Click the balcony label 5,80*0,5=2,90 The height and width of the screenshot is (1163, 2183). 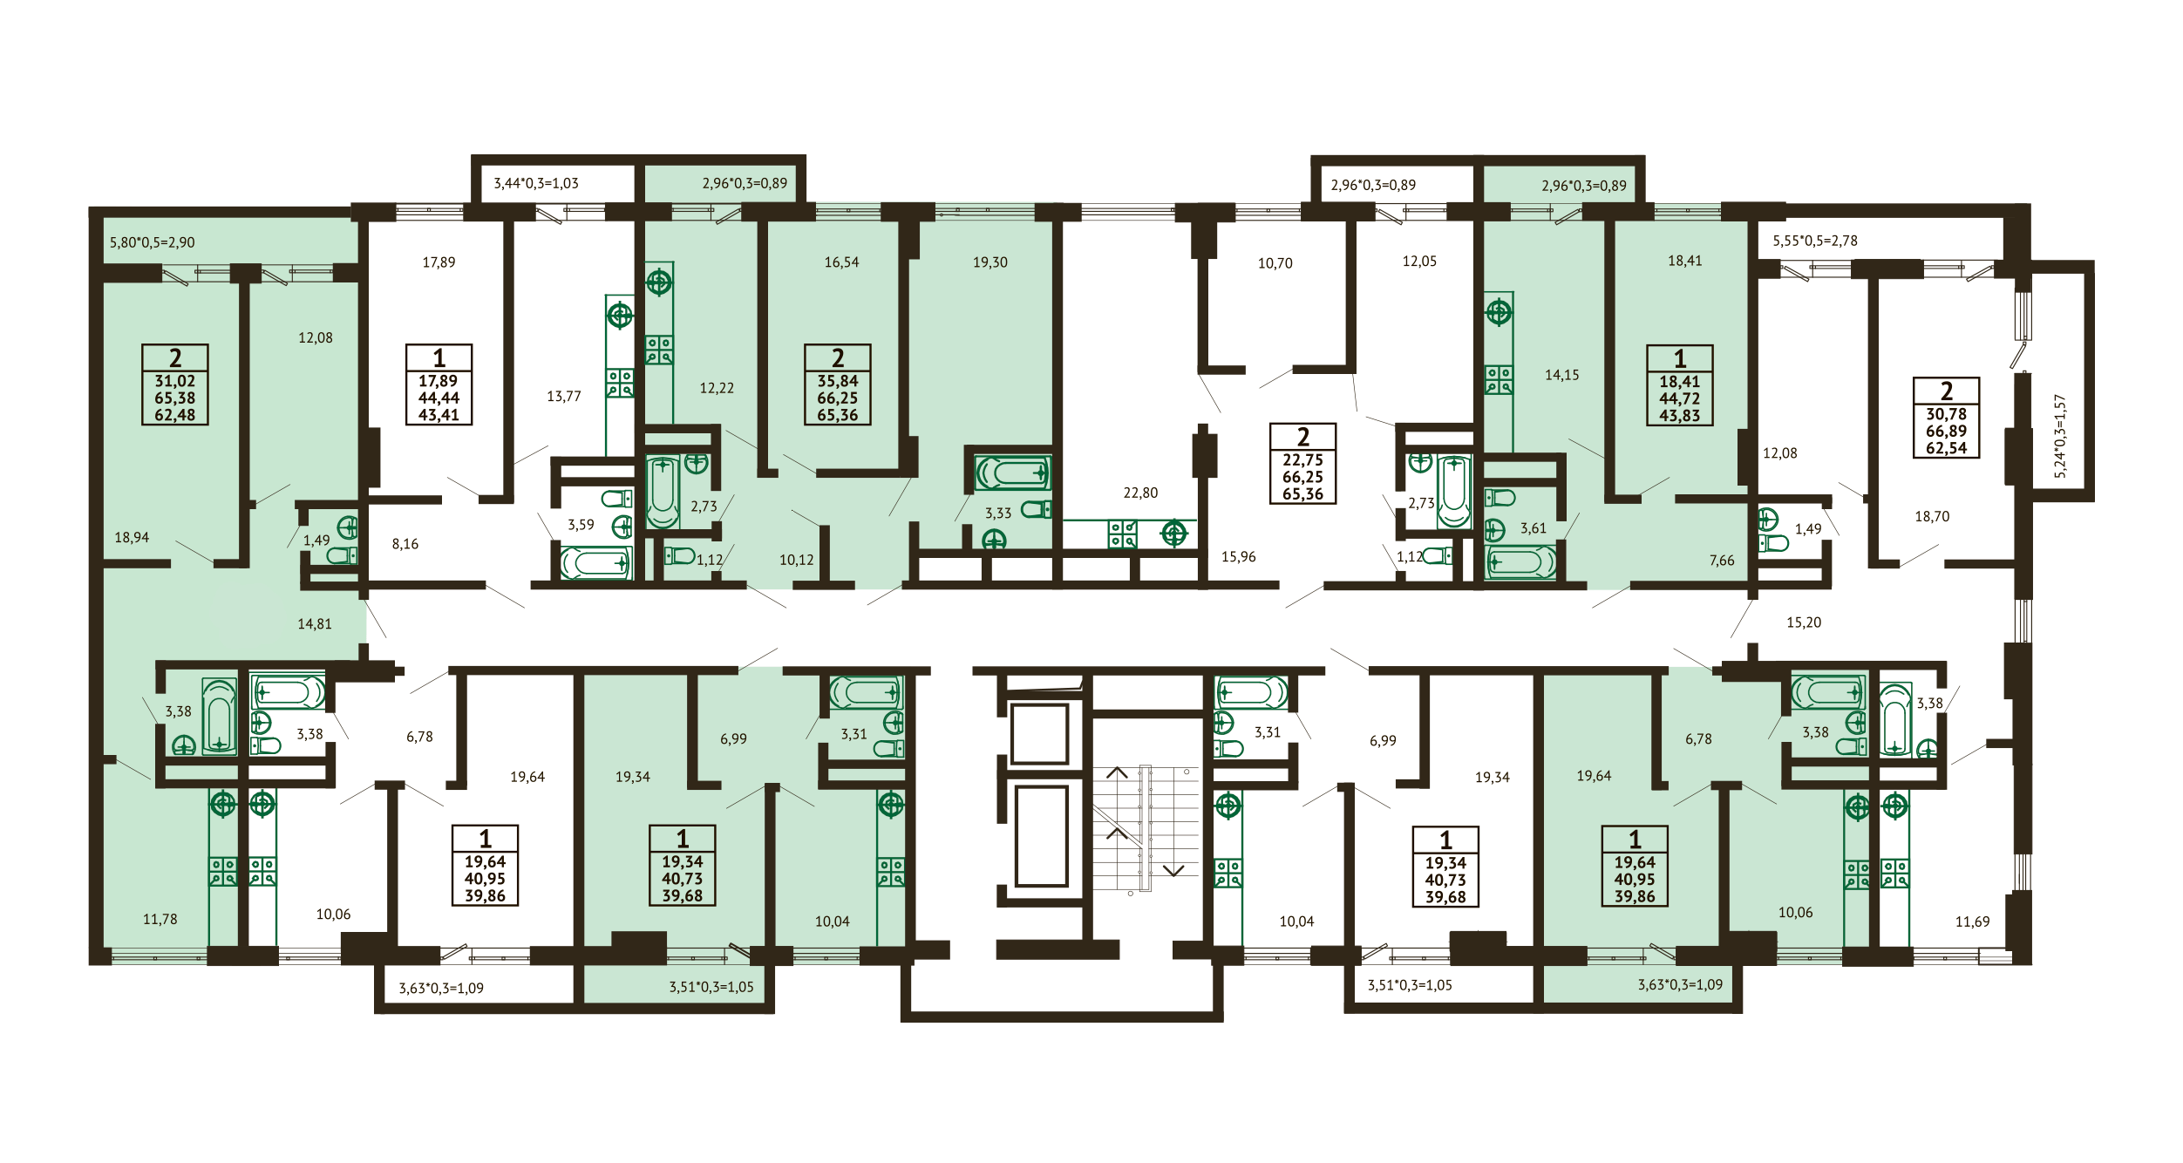pos(153,242)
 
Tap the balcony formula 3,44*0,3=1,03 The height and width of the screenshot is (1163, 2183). pos(536,183)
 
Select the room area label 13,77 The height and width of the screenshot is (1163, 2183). pos(564,396)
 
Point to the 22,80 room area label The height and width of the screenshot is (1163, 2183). pos(1140,493)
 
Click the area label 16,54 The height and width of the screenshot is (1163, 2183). pos(841,262)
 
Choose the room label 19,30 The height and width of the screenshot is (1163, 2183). pos(990,262)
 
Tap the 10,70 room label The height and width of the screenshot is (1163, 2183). pos(1275,263)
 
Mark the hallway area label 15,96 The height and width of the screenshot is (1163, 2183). pos(1239,556)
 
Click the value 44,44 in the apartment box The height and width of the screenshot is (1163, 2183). pos(439,398)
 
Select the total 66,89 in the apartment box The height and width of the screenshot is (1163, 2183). pos(1947,431)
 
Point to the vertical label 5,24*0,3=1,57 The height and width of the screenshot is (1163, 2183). pos(2060,436)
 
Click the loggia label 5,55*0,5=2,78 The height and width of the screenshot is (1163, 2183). pos(1815,241)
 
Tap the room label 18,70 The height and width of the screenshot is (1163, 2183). pos(1932,516)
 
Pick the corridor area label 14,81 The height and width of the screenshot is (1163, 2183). pos(315,623)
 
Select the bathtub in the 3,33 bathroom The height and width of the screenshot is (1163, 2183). pos(1013,473)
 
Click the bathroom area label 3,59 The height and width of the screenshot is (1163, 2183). pos(581,525)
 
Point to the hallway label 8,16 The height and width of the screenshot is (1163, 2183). pos(405,544)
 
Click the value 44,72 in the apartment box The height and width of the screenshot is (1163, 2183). pos(1680,398)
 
